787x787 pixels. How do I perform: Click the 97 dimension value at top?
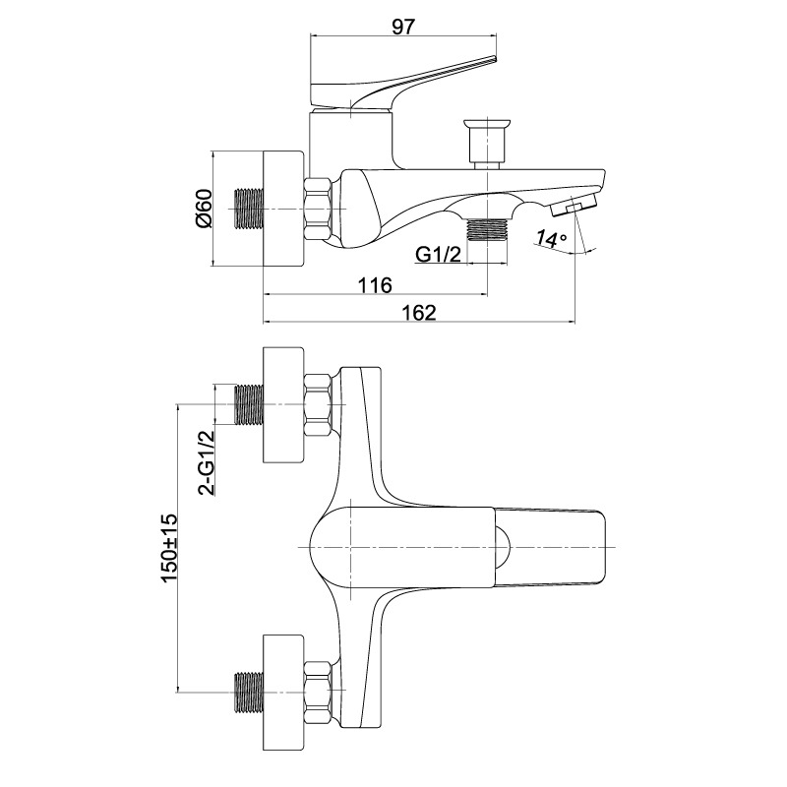(403, 27)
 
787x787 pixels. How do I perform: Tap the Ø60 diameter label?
(206, 209)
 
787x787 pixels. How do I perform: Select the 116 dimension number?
(375, 285)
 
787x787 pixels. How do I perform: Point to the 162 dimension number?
(419, 312)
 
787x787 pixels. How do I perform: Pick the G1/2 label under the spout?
(438, 255)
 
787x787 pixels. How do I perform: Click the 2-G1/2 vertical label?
(206, 462)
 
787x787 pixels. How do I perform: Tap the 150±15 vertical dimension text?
(169, 548)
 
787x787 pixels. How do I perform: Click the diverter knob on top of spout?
(487, 143)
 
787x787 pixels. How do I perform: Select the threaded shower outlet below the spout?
(487, 230)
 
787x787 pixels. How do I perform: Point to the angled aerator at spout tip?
(574, 205)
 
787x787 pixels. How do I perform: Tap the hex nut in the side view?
(318, 209)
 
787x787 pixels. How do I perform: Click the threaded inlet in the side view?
(250, 209)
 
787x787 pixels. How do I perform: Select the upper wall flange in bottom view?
(283, 404)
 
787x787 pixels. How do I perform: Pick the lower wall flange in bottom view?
(283, 693)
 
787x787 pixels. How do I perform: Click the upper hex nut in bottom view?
(318, 404)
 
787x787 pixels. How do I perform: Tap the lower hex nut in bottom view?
(318, 693)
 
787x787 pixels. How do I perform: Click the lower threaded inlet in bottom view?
(250, 693)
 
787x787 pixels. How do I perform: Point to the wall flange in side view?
(283, 209)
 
